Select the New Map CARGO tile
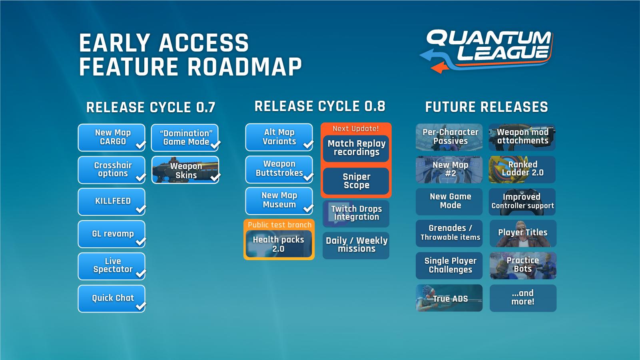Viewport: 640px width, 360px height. pos(112,137)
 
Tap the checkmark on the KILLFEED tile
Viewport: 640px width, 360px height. pos(141,209)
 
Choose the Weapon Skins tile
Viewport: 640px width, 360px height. pos(185,170)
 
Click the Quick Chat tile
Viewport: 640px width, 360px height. pos(112,298)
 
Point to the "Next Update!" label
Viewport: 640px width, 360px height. pos(356,129)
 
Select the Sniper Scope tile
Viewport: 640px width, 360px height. pos(356,181)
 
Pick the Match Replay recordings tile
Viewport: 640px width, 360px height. pos(356,148)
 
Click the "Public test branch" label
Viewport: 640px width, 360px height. pos(279,225)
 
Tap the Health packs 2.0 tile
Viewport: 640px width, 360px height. pos(279,244)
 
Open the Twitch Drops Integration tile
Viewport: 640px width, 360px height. pos(356,213)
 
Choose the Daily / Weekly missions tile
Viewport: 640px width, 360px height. pos(356,245)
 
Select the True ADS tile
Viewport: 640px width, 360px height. pos(449,298)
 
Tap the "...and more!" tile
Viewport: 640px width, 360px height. pos(523,298)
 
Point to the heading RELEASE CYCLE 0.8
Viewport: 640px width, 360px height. pos(320,107)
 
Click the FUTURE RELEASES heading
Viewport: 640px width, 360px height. pos(486,107)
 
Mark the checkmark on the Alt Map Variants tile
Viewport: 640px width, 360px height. pos(308,145)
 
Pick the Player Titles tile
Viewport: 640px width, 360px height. pos(523,233)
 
